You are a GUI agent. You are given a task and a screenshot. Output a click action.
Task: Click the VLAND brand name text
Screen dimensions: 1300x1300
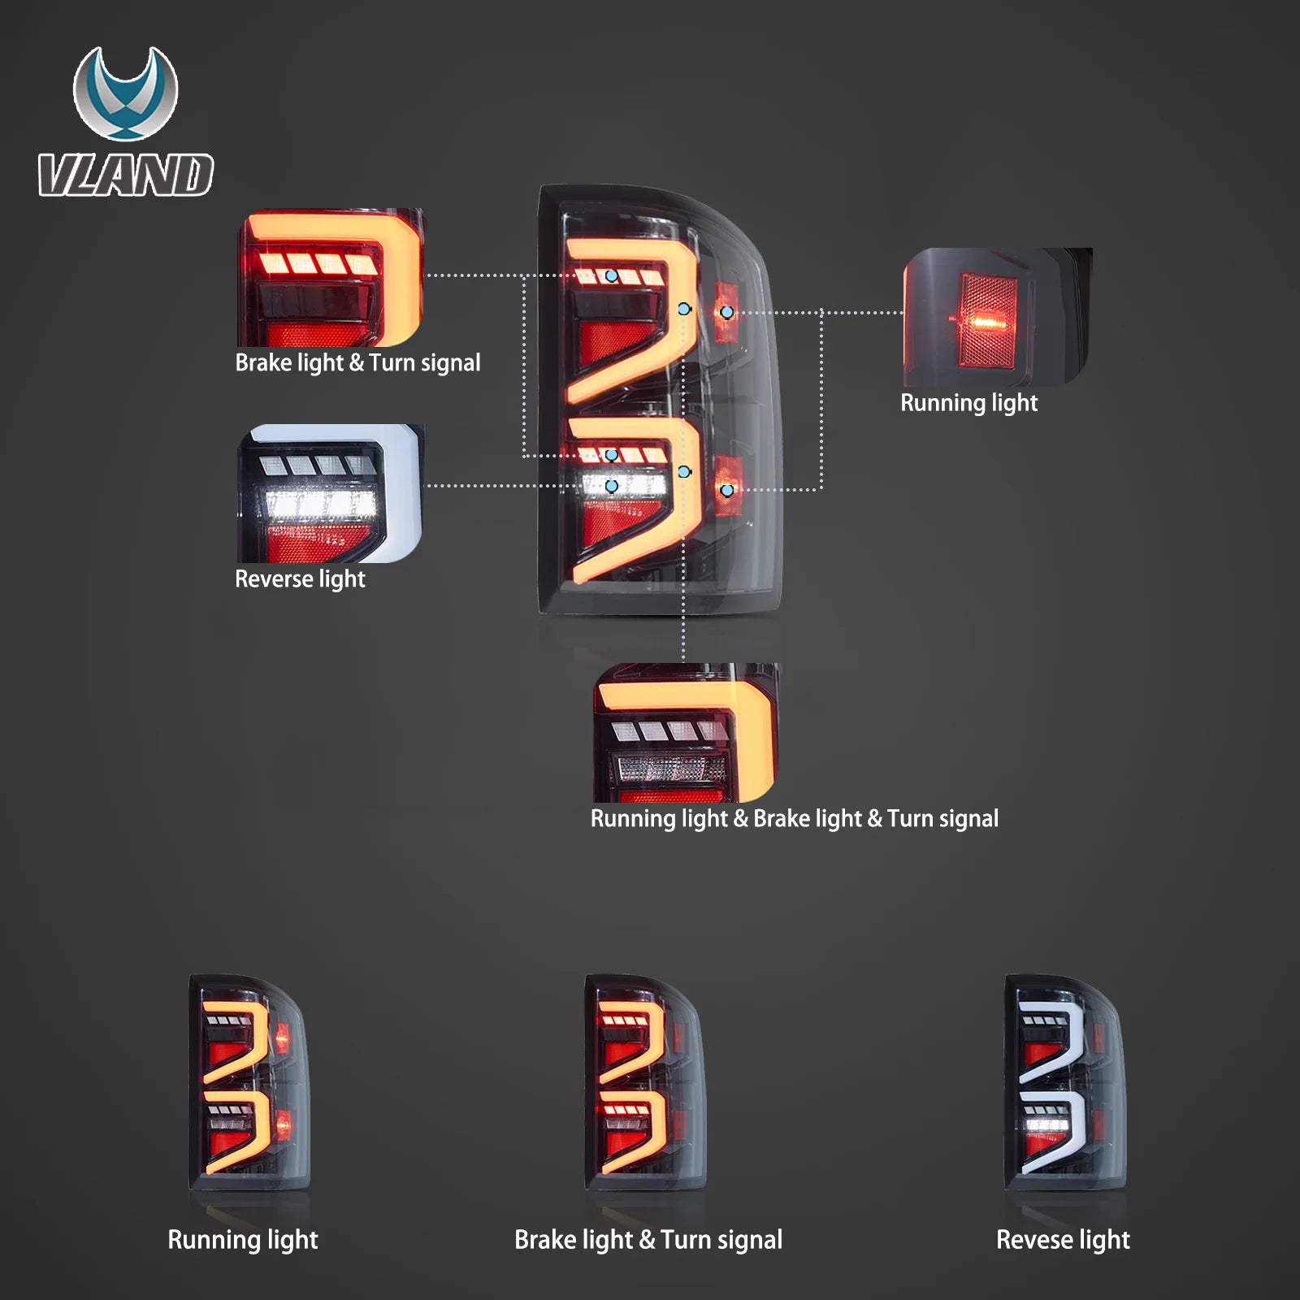pos(126,175)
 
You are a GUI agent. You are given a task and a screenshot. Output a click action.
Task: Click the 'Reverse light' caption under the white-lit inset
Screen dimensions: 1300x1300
pos(300,578)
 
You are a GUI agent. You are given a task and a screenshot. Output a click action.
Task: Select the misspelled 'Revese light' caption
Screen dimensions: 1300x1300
pos(1063,1240)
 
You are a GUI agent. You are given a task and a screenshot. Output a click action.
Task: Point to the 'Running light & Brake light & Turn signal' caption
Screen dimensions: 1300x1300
pos(794,818)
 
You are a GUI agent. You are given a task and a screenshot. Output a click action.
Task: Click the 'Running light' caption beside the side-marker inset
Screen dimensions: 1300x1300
pos(968,402)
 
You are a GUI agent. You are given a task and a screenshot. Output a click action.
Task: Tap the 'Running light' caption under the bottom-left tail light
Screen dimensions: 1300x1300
pos(242,1240)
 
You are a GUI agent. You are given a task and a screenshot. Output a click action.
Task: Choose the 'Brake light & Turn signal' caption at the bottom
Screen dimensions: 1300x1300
pos(648,1240)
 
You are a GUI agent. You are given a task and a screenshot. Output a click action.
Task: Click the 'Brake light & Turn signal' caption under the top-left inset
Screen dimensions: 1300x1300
pos(357,362)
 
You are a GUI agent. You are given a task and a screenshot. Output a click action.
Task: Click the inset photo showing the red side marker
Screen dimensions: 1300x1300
pos(996,317)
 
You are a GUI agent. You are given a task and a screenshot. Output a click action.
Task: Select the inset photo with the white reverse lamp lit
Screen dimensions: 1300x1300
pos(330,493)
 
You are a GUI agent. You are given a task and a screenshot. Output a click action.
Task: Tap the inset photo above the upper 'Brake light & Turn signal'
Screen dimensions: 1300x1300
pos(330,278)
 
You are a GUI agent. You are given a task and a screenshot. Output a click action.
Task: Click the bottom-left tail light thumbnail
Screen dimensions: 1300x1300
pos(249,1081)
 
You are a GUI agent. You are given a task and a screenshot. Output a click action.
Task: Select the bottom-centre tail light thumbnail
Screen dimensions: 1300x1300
pos(645,1081)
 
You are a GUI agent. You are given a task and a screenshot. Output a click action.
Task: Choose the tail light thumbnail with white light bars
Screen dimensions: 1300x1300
pos(1065,1081)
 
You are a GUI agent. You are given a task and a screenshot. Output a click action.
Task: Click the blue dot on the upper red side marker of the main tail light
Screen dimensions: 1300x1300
pos(727,312)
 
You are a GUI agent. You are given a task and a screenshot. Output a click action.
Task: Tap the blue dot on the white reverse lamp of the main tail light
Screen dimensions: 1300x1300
pos(612,486)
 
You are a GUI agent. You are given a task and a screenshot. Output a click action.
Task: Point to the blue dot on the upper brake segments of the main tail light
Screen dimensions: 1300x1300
pos(611,276)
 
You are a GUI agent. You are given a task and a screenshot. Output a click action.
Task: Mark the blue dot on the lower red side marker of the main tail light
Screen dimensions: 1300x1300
pos(727,490)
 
